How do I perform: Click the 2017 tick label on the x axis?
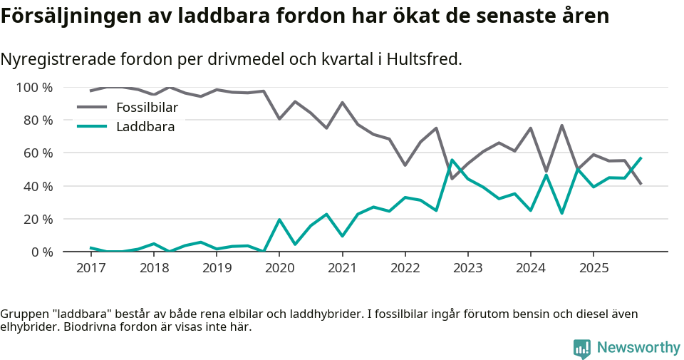coord(90,268)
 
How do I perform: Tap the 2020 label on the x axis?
coord(279,268)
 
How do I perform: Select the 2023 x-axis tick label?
coord(467,268)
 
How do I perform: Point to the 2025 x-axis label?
coord(594,268)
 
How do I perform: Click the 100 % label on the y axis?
coord(34,88)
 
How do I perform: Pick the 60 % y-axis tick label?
coord(37,153)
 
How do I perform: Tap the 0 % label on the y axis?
coord(41,252)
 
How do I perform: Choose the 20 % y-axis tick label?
coord(37,219)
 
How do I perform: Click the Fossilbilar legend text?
coord(147,108)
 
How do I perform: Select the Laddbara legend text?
coord(145,127)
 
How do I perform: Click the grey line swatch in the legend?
coord(91,108)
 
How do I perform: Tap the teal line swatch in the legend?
coord(91,127)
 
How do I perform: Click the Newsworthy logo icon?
coord(582,348)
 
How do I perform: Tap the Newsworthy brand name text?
coord(638,348)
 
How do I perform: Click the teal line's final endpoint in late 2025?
coord(641,158)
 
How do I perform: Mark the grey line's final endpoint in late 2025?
coord(641,184)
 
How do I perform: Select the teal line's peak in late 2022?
coord(452,160)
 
